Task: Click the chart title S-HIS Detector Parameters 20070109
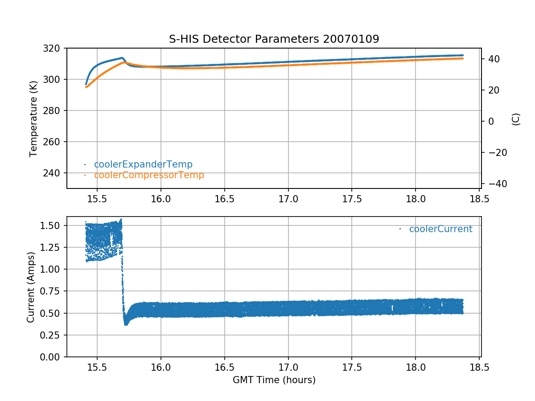[x=274, y=39]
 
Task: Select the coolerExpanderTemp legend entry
[x=143, y=164]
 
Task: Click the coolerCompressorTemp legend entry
[x=149, y=175]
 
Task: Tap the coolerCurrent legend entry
[x=440, y=229]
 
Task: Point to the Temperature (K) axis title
[x=33, y=118]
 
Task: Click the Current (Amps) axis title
[x=31, y=287]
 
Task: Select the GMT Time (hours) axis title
[x=274, y=380]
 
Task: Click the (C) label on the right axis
[x=516, y=119]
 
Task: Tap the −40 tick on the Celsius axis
[x=496, y=184]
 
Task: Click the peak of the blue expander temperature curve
[x=122, y=58]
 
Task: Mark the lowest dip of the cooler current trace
[x=126, y=324]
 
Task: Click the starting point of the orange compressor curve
[x=86, y=87]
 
